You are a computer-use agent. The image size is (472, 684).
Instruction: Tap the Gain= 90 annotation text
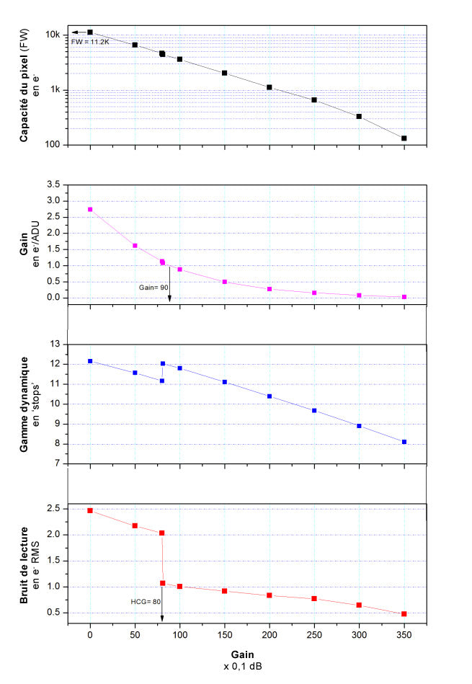(153, 286)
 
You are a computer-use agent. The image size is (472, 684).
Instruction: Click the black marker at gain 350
(404, 138)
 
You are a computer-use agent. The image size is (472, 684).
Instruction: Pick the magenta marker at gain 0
(90, 209)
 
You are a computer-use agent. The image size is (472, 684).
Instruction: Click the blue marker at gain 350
(404, 442)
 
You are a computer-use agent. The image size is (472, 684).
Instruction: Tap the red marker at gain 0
(90, 510)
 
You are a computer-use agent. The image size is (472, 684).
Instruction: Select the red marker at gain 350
(404, 614)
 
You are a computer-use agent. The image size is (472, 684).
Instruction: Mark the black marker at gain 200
(270, 87)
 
